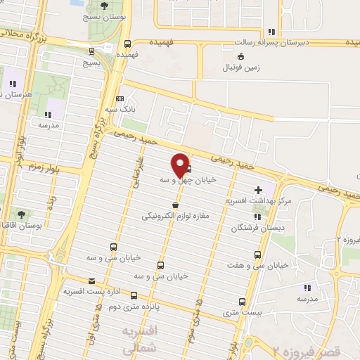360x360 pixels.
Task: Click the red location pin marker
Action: coord(180,164)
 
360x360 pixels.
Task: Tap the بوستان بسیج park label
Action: coord(103,20)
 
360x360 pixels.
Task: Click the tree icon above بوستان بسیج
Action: coord(104,7)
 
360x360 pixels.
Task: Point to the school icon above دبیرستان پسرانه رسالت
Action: coord(271,31)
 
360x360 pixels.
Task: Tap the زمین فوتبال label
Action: coord(240,67)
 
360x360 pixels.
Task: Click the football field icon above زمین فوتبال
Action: coord(241,56)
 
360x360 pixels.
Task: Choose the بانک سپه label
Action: coord(120,110)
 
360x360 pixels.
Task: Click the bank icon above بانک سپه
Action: coord(120,98)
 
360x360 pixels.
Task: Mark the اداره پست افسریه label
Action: coord(89,290)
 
